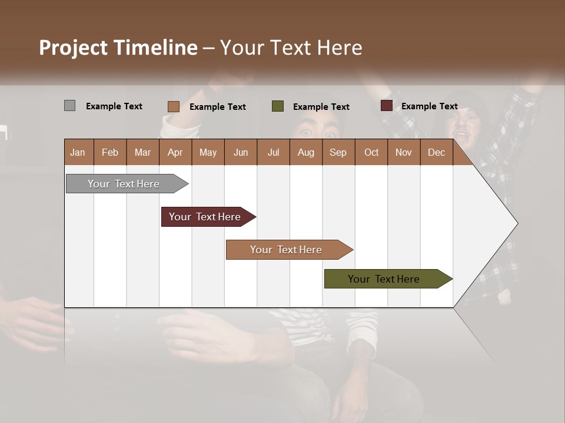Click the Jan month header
tap(78, 152)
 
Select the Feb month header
tap(110, 152)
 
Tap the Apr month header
tap(175, 152)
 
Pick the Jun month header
tap(241, 152)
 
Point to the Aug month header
tap(305, 152)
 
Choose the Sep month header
tap(338, 152)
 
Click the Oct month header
tap(371, 152)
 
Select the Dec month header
tap(436, 152)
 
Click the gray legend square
tap(69, 106)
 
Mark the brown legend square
tap(173, 106)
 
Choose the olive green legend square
tap(278, 106)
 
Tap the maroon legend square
tap(386, 106)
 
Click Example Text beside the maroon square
tap(429, 106)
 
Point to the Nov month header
tap(403, 152)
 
